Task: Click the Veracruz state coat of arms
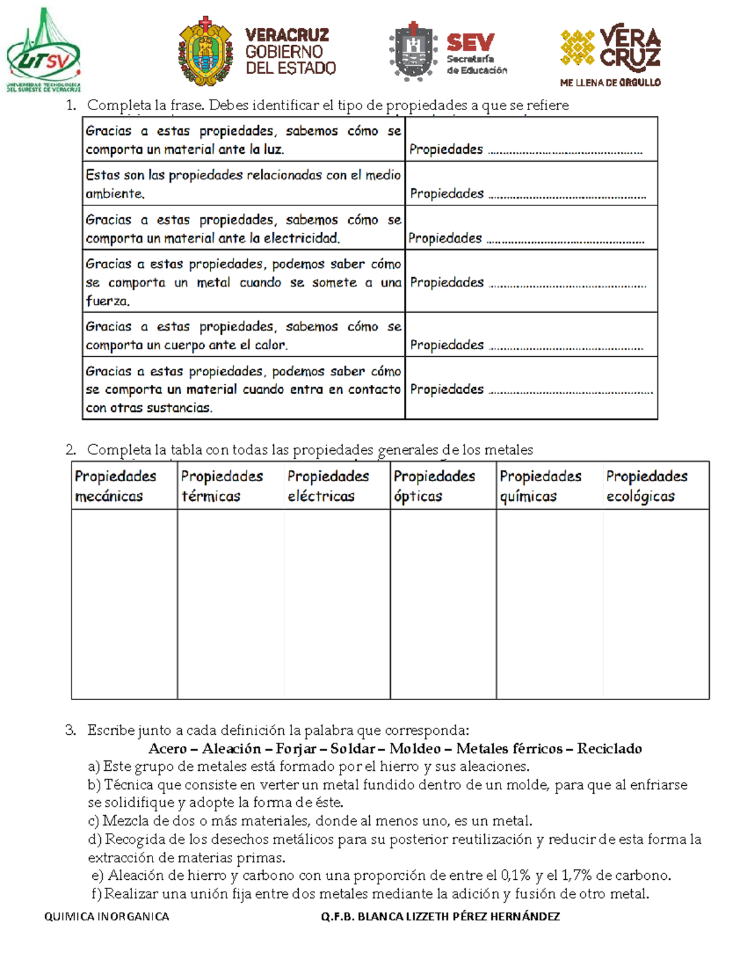(x=205, y=52)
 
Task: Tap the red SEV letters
(x=470, y=42)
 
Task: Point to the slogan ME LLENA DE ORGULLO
(x=610, y=82)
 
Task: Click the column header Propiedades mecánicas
(x=116, y=486)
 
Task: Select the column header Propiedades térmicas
(x=222, y=486)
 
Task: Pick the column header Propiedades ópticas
(x=434, y=486)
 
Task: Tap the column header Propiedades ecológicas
(x=647, y=486)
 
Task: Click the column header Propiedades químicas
(x=540, y=486)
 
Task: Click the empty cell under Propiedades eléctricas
(x=337, y=604)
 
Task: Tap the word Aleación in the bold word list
(x=231, y=748)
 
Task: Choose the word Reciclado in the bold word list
(x=609, y=748)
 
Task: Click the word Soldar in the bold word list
(x=352, y=748)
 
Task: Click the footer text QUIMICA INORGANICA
(x=106, y=917)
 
